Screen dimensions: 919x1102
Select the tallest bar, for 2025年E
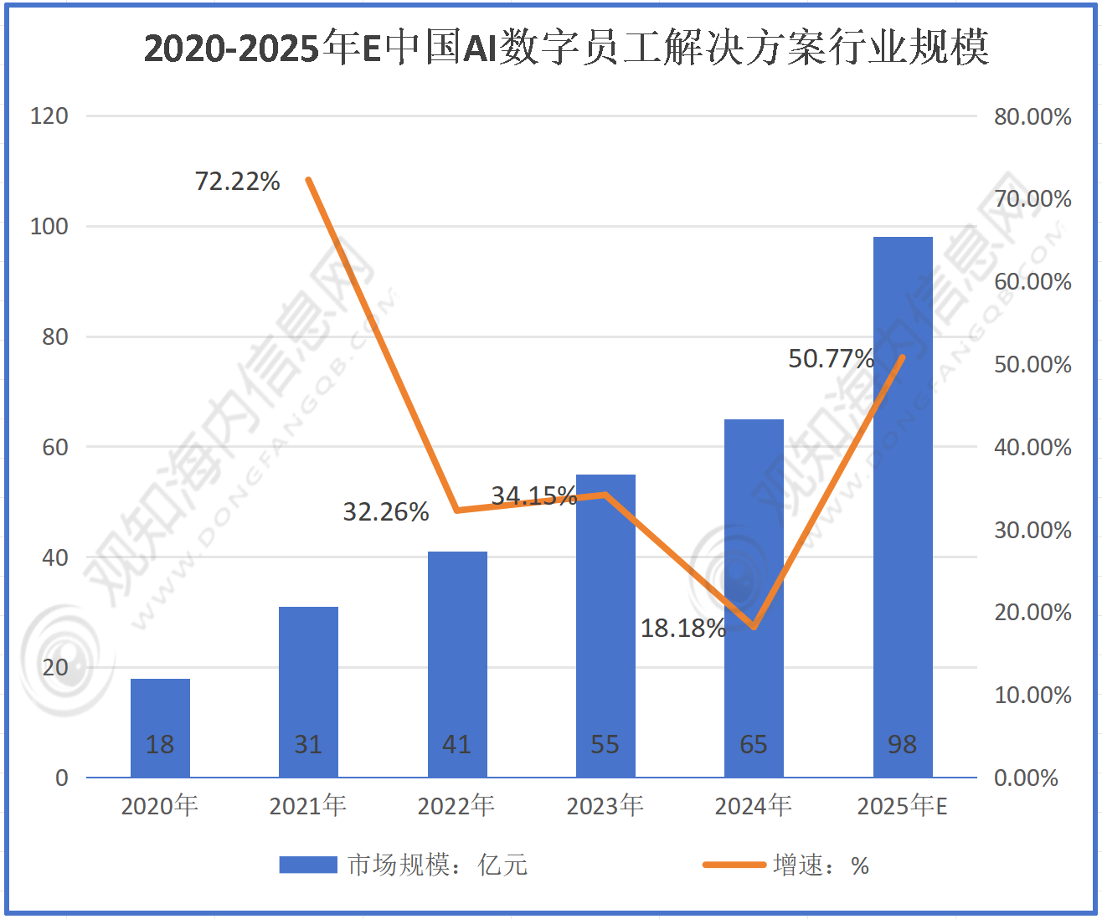(902, 502)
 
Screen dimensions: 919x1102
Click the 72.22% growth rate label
(237, 181)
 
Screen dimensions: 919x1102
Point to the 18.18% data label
(682, 628)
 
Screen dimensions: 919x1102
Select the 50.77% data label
(831, 358)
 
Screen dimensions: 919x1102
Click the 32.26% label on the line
(386, 511)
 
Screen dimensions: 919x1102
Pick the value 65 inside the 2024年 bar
(753, 744)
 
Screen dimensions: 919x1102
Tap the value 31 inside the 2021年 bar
(308, 744)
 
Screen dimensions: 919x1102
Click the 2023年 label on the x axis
(605, 805)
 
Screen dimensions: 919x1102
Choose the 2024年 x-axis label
(753, 805)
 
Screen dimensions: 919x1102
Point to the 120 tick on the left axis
(49, 116)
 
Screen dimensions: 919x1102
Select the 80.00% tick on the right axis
(1032, 116)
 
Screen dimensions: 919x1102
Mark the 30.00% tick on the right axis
(1032, 530)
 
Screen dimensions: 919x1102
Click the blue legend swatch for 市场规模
(307, 865)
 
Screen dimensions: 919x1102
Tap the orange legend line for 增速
(733, 865)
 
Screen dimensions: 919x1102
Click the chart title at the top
(566, 48)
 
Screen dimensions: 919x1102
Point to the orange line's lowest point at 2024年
(754, 627)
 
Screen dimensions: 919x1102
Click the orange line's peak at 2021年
(308, 180)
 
